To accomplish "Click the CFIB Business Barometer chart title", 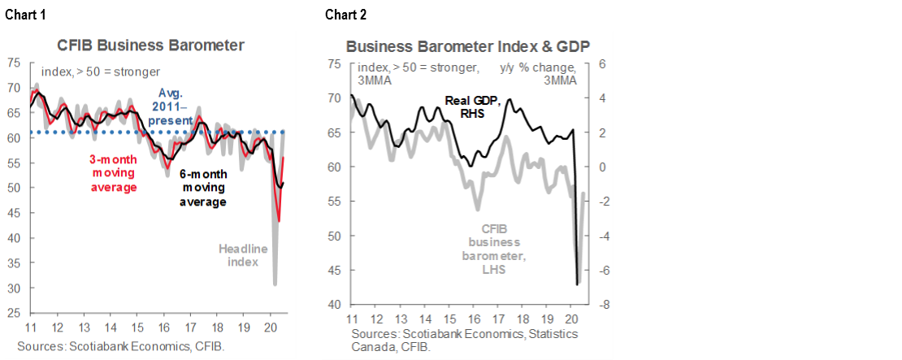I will click(150, 46).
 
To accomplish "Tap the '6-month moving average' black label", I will click(202, 188).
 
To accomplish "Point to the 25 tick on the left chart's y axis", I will click(14, 313).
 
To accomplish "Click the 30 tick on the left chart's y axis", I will click(14, 288).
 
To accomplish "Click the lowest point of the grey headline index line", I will click(275, 284).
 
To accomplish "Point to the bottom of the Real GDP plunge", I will click(577, 284).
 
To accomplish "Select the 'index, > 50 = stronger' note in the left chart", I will click(100, 72).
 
